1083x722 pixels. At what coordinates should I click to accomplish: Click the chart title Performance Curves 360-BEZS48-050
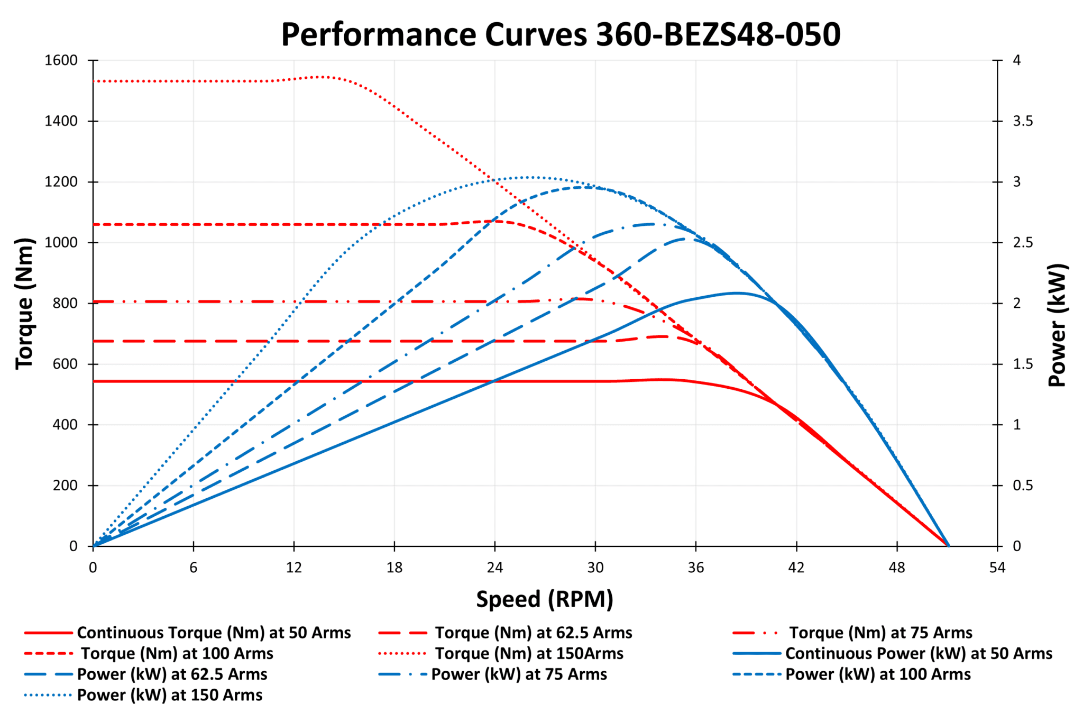561,35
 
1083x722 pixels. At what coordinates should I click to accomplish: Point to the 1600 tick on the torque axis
61,60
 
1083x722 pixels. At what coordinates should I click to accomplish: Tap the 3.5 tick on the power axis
1022,121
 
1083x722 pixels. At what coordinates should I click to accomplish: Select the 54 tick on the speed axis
997,568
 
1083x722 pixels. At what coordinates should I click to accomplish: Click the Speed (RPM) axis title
545,599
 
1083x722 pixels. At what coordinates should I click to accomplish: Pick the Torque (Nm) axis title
24,304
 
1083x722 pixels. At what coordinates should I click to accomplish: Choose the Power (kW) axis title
1057,325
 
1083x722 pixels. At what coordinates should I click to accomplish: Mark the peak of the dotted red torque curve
322,77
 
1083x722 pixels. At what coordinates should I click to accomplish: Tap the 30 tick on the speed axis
595,568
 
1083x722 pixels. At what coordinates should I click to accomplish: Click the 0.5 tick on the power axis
1022,486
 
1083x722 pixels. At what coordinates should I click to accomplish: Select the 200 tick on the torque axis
65,486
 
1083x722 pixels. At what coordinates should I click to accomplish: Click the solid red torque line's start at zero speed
94,381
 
